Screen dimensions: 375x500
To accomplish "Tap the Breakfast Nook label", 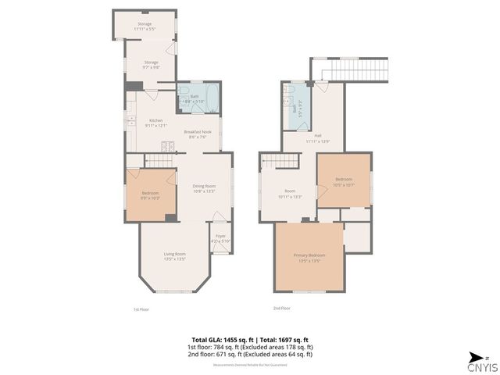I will (198, 134).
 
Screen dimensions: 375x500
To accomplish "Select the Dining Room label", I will (203, 187).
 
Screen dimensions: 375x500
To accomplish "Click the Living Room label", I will (174, 255).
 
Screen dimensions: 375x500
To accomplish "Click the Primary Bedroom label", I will (309, 257).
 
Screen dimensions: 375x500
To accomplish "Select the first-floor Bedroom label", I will (150, 195).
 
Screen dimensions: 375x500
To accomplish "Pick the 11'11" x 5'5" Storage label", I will (145, 27).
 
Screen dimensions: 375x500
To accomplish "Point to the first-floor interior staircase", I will (159, 159).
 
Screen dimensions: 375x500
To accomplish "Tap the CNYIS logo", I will (480, 363).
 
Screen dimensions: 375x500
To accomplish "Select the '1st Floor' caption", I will (141, 309).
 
